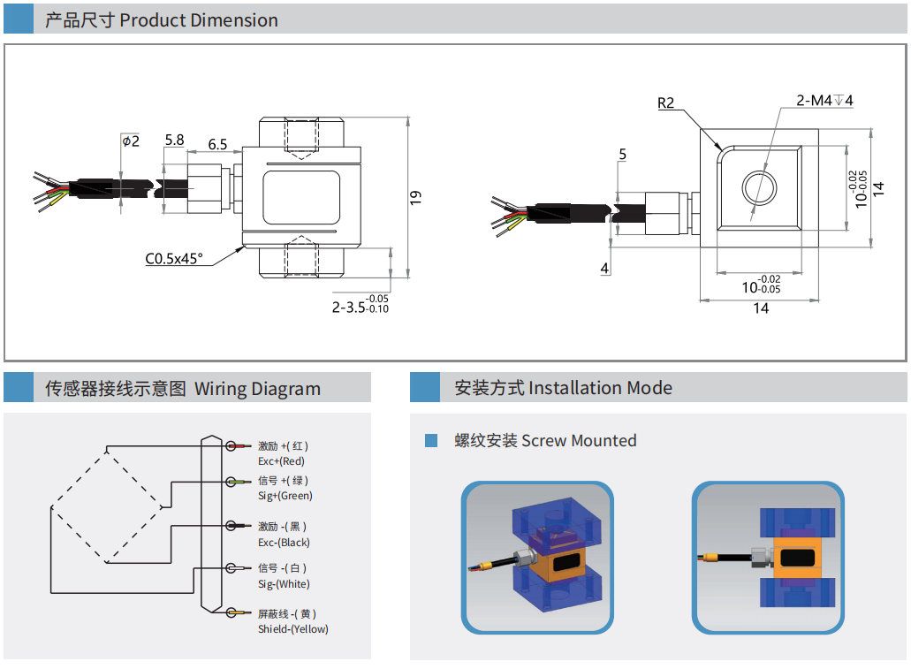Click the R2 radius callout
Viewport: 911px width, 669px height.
click(x=666, y=103)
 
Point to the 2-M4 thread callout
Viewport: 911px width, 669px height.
click(x=824, y=101)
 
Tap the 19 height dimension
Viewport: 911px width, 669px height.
click(x=416, y=198)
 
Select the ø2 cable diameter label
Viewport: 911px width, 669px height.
click(x=130, y=141)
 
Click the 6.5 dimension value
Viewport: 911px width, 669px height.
click(x=217, y=144)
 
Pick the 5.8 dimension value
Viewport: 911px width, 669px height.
click(x=174, y=140)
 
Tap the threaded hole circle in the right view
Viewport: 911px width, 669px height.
click(x=758, y=187)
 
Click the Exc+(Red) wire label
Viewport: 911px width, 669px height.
click(x=281, y=461)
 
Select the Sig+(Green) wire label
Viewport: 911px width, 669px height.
click(x=285, y=496)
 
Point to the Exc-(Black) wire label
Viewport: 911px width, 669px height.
click(x=284, y=543)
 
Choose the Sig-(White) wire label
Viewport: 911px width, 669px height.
click(x=284, y=584)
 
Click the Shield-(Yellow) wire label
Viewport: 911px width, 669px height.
click(x=292, y=629)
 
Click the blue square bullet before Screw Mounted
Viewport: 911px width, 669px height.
click(x=431, y=440)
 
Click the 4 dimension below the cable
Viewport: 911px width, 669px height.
click(x=604, y=268)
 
